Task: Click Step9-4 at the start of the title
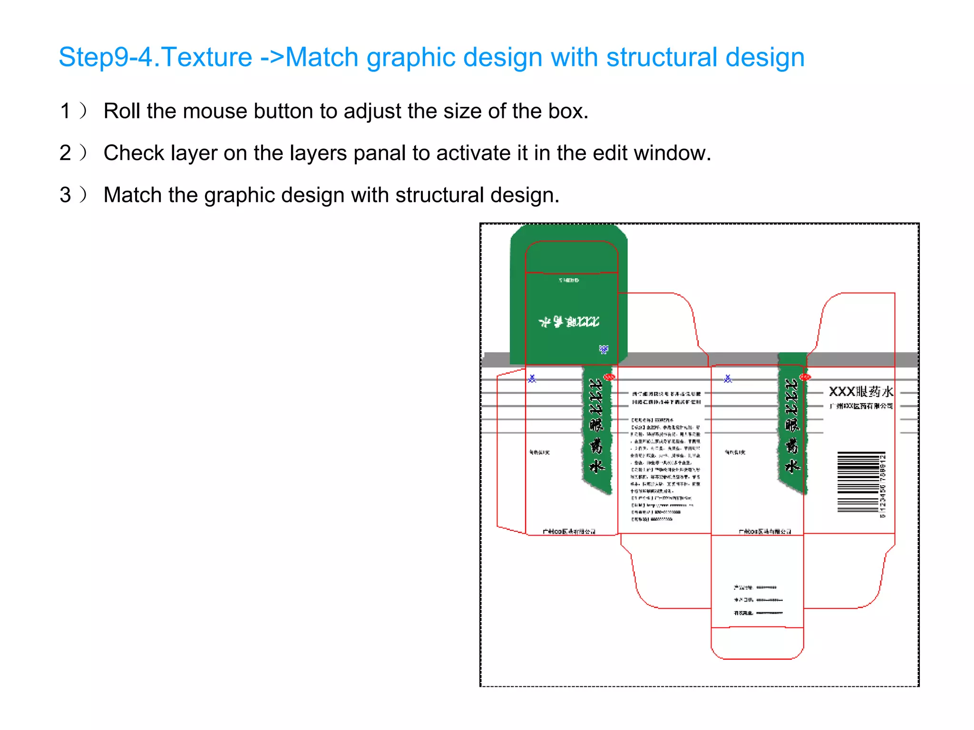[x=105, y=58]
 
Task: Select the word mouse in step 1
[x=215, y=111]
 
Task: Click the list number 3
[x=66, y=195]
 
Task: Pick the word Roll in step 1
[x=122, y=111]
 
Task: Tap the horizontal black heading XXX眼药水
[x=861, y=392]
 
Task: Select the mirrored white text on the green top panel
[x=569, y=322]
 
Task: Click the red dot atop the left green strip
[x=609, y=377]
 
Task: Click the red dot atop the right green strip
[x=805, y=377]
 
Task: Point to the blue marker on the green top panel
[x=604, y=350]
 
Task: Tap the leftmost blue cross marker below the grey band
[x=532, y=379]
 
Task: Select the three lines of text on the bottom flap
[x=757, y=600]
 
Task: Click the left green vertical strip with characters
[x=597, y=428]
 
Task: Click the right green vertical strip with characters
[x=792, y=428]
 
